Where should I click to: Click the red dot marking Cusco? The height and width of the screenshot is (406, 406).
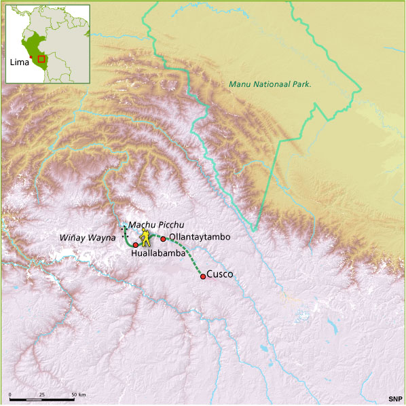pos(202,276)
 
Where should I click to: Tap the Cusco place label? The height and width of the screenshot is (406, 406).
pos(219,274)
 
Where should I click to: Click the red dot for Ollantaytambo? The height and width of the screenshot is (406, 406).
pos(163,238)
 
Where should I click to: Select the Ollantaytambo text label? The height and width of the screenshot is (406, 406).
pos(200,237)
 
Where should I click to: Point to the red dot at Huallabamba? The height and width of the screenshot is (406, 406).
pos(136,244)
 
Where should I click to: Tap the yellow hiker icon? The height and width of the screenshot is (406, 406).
pos(145,239)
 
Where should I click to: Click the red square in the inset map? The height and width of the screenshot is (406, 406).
pos(41,59)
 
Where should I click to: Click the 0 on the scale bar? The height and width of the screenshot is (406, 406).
pos(10,394)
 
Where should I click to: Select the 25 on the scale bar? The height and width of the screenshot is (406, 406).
pos(42,394)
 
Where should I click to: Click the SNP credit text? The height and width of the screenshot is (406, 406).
pos(394,399)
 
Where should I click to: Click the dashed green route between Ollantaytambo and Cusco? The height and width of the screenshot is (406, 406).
pos(185,256)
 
